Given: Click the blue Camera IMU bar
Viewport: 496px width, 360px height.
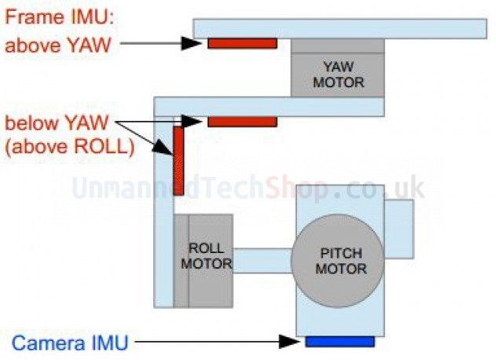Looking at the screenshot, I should (x=340, y=341).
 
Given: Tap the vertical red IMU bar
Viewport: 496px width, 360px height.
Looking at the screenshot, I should (x=178, y=161).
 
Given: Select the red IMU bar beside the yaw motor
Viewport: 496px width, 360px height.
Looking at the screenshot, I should (x=242, y=43).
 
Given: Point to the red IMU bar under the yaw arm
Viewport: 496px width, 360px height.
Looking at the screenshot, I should (x=242, y=122).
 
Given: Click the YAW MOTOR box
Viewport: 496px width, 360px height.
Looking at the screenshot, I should (x=338, y=75).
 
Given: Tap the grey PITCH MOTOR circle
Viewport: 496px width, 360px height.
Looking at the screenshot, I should (x=337, y=260).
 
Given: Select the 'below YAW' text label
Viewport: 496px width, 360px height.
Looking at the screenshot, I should (x=59, y=123).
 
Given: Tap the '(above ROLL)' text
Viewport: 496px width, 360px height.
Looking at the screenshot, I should (x=68, y=145).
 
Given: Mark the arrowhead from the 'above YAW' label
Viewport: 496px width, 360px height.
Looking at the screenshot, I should (x=192, y=43).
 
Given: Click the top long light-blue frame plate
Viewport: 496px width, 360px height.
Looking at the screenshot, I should (x=338, y=28).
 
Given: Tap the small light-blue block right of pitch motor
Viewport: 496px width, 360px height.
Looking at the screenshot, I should (x=398, y=229).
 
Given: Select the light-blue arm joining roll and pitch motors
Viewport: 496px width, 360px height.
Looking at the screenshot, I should (x=262, y=260).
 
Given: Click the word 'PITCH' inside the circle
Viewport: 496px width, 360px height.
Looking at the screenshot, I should (x=337, y=253).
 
